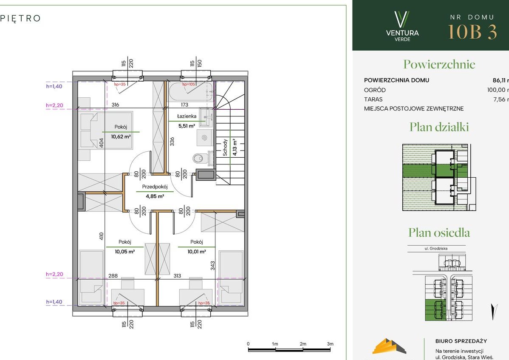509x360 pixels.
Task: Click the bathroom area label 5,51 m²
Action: coord(186,126)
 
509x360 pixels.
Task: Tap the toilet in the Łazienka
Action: coord(198,158)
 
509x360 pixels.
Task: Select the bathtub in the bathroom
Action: coord(190,91)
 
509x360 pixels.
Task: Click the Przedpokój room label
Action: coord(155,187)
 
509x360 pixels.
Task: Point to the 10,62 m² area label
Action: coord(121,136)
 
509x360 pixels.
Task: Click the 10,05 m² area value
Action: coord(125,252)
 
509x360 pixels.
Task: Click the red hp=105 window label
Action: coord(189,85)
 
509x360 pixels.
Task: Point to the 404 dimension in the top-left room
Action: coord(102,143)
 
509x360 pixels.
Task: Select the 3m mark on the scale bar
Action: coord(330,344)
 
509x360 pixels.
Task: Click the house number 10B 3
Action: coord(472,32)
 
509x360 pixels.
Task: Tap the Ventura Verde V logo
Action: coord(402,19)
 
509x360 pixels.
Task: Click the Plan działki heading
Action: coord(439,127)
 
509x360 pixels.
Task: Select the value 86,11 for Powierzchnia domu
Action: coord(500,80)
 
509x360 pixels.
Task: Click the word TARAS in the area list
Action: coord(373,99)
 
